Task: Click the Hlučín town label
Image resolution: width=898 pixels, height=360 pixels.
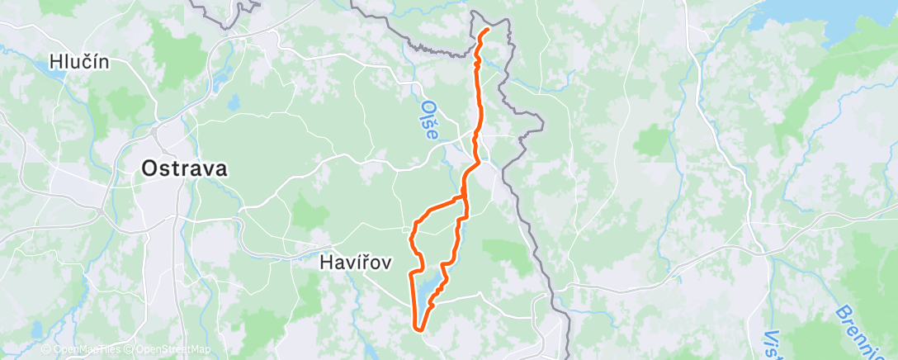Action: (x=79, y=61)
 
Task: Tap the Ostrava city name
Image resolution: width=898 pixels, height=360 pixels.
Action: (x=184, y=168)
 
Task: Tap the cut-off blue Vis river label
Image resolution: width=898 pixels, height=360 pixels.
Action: (x=773, y=347)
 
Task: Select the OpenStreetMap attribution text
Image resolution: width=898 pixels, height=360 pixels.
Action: (x=169, y=350)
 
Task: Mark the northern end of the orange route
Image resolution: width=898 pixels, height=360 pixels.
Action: (x=487, y=30)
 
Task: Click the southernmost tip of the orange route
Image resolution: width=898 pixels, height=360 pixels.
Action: (x=422, y=330)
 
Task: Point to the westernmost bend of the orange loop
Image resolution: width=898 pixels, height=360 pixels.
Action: (x=410, y=239)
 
